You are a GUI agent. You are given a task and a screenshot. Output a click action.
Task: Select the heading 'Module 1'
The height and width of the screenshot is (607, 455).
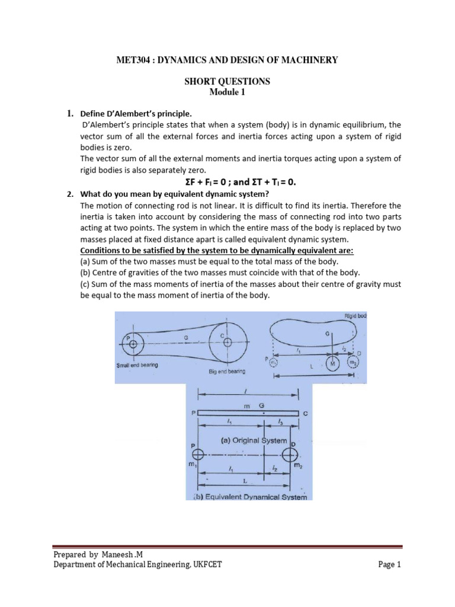tap(227, 92)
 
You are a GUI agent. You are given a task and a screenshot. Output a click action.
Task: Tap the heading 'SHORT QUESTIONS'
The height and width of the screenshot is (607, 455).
tap(227, 81)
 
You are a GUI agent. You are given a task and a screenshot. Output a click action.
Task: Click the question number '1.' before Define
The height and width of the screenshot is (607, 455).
tap(69, 113)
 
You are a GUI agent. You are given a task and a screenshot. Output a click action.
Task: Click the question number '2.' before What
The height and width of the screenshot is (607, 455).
tap(69, 193)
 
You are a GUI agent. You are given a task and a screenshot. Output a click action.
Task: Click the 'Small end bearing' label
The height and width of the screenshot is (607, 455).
tap(137, 365)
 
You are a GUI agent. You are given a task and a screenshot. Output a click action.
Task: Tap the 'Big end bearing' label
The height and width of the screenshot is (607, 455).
tap(228, 371)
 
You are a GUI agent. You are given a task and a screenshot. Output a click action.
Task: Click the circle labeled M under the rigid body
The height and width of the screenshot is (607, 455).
tap(332, 362)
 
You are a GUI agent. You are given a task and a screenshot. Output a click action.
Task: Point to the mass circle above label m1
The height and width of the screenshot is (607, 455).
tap(197, 454)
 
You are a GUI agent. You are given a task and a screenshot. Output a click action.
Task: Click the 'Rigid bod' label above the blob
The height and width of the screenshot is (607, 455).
tap(355, 316)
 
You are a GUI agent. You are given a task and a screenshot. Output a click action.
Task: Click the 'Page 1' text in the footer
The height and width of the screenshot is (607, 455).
tap(389, 565)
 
